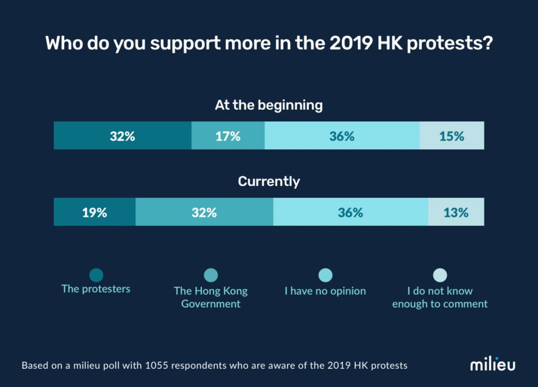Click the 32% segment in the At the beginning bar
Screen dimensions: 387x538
122,136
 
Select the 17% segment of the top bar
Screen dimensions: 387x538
227,136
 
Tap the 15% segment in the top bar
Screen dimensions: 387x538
451,136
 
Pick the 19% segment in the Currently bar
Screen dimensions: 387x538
95,213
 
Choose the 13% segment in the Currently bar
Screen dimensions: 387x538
456,213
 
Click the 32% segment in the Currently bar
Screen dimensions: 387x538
204,213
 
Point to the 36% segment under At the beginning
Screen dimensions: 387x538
342,136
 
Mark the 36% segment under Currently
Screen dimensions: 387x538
350,213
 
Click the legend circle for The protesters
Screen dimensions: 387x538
96,275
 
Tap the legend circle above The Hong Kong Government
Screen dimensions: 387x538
211,275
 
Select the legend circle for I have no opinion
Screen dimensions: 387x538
326,275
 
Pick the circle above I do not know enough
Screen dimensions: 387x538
440,275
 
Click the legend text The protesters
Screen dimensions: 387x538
96,289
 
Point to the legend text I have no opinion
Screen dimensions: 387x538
325,291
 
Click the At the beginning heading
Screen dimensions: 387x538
268,105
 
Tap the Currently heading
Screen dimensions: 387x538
268,182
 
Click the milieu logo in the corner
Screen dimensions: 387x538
492,365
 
